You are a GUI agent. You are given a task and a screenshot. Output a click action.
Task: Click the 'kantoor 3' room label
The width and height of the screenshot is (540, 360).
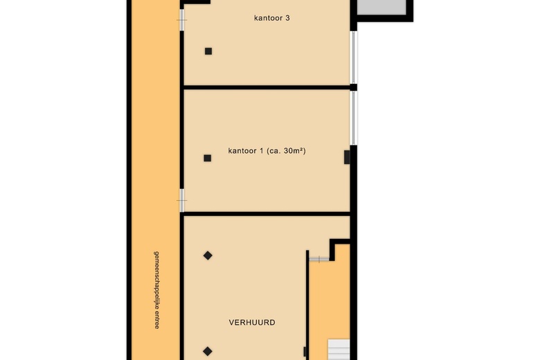(271, 18)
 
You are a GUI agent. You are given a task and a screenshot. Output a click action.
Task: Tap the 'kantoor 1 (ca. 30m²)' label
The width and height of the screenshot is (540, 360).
(267, 150)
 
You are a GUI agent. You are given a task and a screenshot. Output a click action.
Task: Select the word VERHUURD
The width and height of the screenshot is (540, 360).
(252, 323)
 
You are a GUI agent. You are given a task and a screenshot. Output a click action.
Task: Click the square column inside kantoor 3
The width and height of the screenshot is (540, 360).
(208, 51)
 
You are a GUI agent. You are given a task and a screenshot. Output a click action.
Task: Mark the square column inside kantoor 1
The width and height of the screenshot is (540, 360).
(207, 158)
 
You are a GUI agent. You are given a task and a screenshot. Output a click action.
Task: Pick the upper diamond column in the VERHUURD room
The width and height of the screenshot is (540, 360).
(208, 255)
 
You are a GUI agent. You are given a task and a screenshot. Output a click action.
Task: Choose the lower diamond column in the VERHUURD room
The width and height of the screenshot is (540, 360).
(208, 350)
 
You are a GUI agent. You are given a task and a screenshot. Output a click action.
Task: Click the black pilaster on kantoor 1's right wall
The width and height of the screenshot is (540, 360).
(347, 157)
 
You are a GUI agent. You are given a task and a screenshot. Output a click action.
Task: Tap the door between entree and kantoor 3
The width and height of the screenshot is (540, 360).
(182, 20)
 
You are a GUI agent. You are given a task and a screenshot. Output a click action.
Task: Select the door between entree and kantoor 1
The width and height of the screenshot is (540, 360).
(182, 200)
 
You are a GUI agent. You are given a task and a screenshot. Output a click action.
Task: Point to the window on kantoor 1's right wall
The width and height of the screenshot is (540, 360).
(353, 118)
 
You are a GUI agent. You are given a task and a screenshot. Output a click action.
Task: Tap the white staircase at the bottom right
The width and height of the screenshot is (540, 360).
(339, 350)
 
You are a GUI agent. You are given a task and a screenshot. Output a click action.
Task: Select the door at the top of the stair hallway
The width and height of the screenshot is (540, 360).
(319, 259)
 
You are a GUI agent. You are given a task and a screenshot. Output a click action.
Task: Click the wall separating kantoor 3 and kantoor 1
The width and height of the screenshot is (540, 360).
(267, 87)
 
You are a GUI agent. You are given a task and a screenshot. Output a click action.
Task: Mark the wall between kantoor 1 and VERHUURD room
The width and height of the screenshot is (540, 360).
(267, 213)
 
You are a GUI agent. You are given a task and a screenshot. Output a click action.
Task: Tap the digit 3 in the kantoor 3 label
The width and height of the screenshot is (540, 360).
(287, 18)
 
